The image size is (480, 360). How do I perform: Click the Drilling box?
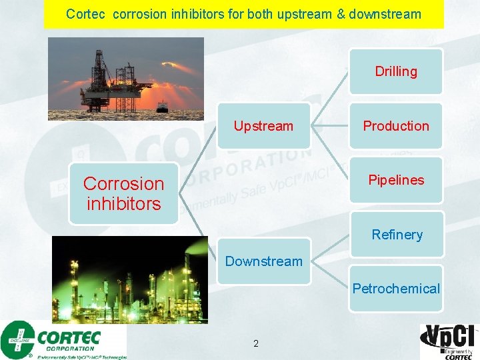tap(396, 71)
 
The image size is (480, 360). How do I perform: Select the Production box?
tap(396, 126)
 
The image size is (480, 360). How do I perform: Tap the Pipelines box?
tap(396, 180)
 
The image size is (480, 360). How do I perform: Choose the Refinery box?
tap(397, 234)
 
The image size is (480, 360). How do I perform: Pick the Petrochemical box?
tap(396, 289)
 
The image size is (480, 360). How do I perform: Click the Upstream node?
tap(263, 126)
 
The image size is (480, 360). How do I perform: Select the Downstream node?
tap(263, 261)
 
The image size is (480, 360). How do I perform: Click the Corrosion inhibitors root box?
tap(123, 193)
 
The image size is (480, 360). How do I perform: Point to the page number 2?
tap(256, 344)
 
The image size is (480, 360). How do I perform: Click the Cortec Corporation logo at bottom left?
tap(63, 339)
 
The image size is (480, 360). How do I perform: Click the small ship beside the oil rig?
tap(162, 106)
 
